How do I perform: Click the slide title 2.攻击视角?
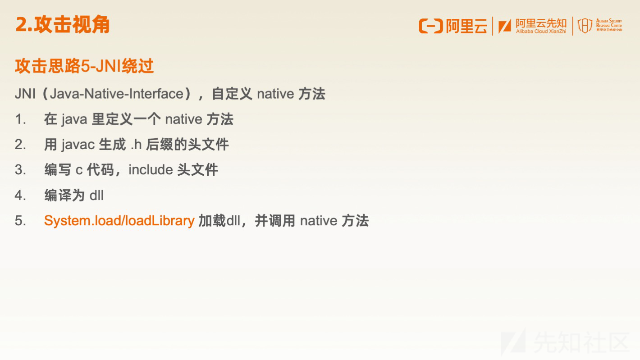pos(63,25)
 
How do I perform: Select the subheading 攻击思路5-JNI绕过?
pos(84,66)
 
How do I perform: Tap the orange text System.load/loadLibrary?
pos(119,221)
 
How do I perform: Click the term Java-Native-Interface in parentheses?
pos(117,94)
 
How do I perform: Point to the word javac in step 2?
pos(78,145)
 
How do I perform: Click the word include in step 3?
pos(151,170)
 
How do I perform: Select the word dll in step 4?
pos(96,196)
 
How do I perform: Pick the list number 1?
pos(20,119)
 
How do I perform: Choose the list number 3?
pos(20,170)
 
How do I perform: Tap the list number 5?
pos(20,221)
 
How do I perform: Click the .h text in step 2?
pos(136,145)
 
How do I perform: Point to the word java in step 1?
pos(74,119)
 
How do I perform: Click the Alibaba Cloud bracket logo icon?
pos(430,26)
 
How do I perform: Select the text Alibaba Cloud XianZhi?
pos(541,32)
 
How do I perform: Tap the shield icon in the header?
pos(585,26)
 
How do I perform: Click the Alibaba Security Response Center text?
pos(609,25)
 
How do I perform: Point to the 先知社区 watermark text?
pos(581,342)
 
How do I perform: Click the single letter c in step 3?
pos(79,170)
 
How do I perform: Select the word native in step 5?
pos(319,221)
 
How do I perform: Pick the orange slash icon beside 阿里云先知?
pos(505,27)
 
